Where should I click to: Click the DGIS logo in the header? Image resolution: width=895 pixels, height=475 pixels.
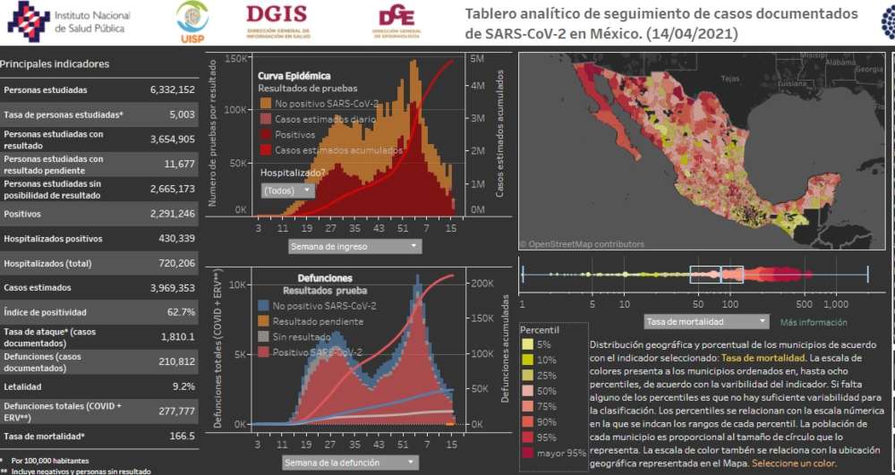click(277, 20)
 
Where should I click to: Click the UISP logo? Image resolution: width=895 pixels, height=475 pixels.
click(192, 21)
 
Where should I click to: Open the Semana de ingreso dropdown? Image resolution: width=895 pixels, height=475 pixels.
click(355, 245)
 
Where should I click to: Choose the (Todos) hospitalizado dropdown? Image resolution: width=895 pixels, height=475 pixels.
click(287, 191)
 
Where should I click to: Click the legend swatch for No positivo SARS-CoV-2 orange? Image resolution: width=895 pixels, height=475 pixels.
click(265, 104)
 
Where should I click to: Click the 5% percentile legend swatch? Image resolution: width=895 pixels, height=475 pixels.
click(527, 344)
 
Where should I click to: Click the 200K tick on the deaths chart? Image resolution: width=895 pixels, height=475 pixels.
click(479, 283)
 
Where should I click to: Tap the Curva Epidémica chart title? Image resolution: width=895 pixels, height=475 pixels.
click(294, 76)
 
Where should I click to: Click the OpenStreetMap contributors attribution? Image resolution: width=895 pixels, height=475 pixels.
click(582, 243)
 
